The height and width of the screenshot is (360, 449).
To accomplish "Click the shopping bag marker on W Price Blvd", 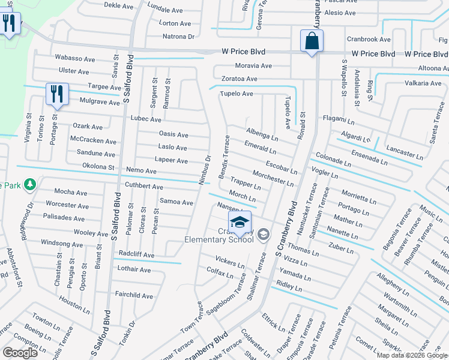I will [x=312, y=42].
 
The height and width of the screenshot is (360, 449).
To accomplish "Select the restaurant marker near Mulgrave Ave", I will [x=57, y=95].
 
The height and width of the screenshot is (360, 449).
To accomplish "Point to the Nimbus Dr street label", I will [x=205, y=170].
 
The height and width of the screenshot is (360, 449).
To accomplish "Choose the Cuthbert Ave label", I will [x=143, y=187].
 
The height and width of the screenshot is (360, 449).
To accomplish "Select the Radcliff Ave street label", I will [x=136, y=255].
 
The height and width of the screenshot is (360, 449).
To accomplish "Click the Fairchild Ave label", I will [x=134, y=295].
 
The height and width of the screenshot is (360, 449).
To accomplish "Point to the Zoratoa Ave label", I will [x=238, y=79].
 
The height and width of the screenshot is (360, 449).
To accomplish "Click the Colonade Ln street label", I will [x=332, y=159].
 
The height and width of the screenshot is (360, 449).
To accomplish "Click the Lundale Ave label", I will [x=165, y=10].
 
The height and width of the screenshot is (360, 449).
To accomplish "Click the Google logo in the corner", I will [x=20, y=353].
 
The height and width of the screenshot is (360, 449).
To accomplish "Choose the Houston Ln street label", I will [x=74, y=305].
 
